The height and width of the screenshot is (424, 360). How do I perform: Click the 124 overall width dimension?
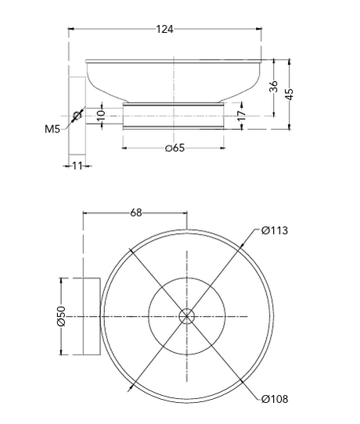click(x=164, y=29)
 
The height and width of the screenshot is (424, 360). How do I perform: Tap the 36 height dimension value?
click(x=274, y=86)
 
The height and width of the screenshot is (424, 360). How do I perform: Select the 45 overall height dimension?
click(x=290, y=94)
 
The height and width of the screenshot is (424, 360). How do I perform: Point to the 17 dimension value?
click(x=242, y=115)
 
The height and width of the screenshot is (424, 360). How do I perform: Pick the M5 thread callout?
click(x=52, y=129)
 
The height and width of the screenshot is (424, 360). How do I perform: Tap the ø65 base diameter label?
click(x=175, y=148)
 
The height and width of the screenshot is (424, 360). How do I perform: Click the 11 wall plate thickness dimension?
click(x=77, y=166)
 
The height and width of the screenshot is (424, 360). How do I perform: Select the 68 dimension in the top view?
click(x=135, y=213)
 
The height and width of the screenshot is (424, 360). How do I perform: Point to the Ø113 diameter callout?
click(x=274, y=231)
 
